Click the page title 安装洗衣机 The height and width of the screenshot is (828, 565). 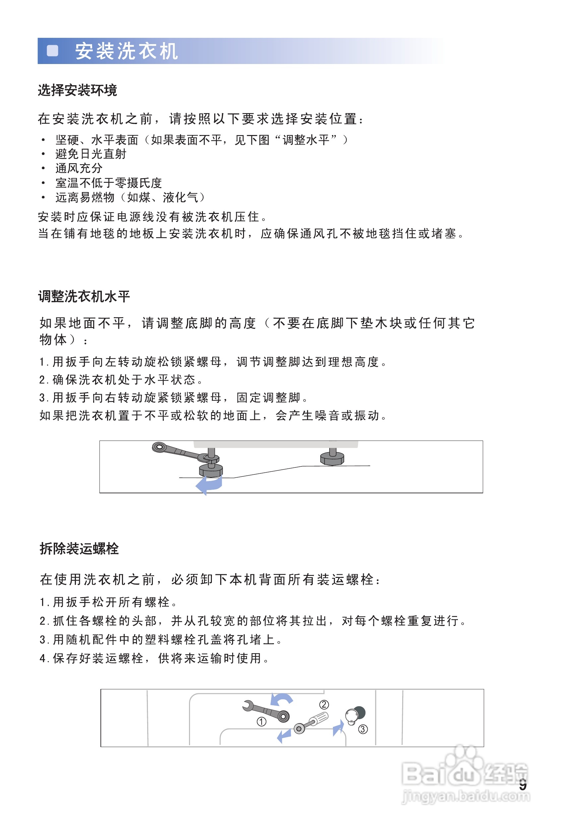(x=126, y=51)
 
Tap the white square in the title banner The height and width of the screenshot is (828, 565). (x=53, y=51)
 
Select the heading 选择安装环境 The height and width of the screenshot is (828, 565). (x=77, y=91)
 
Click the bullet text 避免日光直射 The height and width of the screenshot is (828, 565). (x=91, y=154)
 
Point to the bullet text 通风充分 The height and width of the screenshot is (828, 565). (x=79, y=168)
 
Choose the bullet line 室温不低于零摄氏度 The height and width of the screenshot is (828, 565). (x=108, y=183)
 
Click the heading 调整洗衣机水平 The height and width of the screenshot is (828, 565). (x=84, y=297)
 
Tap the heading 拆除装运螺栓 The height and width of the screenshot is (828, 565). (x=79, y=549)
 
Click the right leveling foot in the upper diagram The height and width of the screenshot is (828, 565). (x=332, y=458)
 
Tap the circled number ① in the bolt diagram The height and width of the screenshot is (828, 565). (x=262, y=722)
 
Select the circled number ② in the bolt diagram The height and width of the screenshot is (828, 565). (x=324, y=704)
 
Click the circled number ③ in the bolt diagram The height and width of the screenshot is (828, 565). (x=363, y=729)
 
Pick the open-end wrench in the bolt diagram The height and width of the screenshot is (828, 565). (x=265, y=711)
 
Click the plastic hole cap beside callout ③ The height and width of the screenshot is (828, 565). (x=354, y=715)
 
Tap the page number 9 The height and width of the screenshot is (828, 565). (x=522, y=785)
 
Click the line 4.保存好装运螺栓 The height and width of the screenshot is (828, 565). (x=155, y=658)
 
